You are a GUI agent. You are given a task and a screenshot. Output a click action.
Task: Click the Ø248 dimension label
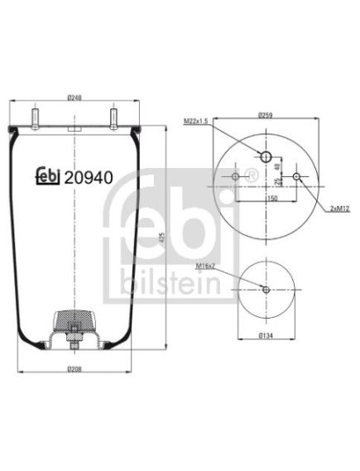coord(74,98)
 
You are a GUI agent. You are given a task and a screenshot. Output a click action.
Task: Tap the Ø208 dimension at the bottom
coord(74,368)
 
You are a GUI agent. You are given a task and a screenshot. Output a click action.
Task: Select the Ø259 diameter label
coord(266,115)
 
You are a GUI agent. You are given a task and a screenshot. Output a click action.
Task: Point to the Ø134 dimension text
coord(266,335)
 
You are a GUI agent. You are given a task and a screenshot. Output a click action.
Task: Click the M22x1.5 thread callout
coord(196,121)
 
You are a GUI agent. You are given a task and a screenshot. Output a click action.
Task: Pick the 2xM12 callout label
coord(340,209)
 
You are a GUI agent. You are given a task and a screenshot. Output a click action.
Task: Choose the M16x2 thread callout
coord(206,266)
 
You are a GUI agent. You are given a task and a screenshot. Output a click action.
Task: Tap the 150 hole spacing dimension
coord(272,198)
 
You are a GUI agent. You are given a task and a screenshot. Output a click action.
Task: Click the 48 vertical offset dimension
coord(277,166)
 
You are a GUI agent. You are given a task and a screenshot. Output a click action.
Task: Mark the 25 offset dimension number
coord(277,181)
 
